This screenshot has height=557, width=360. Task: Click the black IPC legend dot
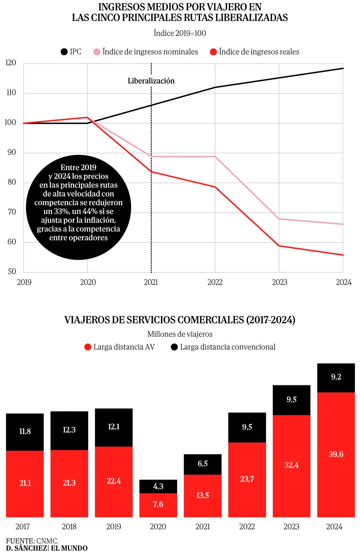point(64,52)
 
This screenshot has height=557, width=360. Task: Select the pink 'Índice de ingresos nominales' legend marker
point(97,52)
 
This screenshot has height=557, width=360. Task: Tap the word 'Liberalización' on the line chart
point(151,81)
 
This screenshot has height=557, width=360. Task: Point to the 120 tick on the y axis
point(11,63)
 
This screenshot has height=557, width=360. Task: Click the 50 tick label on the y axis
point(12,272)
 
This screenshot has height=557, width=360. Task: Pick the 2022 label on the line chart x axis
point(215,282)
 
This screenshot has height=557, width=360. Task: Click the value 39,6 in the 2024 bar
point(336,454)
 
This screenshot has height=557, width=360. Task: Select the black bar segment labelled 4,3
point(158,486)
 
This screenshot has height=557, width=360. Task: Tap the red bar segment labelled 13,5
point(203,496)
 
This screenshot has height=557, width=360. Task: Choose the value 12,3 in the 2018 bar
point(69,430)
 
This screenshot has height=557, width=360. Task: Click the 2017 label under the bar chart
point(23,526)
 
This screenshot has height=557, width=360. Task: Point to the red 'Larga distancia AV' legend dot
point(88,347)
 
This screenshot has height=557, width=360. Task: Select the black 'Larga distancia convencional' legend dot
point(174,347)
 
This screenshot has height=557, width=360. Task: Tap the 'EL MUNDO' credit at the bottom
point(69,548)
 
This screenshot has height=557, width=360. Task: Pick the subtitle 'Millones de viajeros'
point(180,334)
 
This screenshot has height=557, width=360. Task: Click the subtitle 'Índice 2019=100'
point(180,33)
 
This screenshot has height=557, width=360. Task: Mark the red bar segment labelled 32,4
point(291,465)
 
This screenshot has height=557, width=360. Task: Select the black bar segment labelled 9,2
point(336,377)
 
